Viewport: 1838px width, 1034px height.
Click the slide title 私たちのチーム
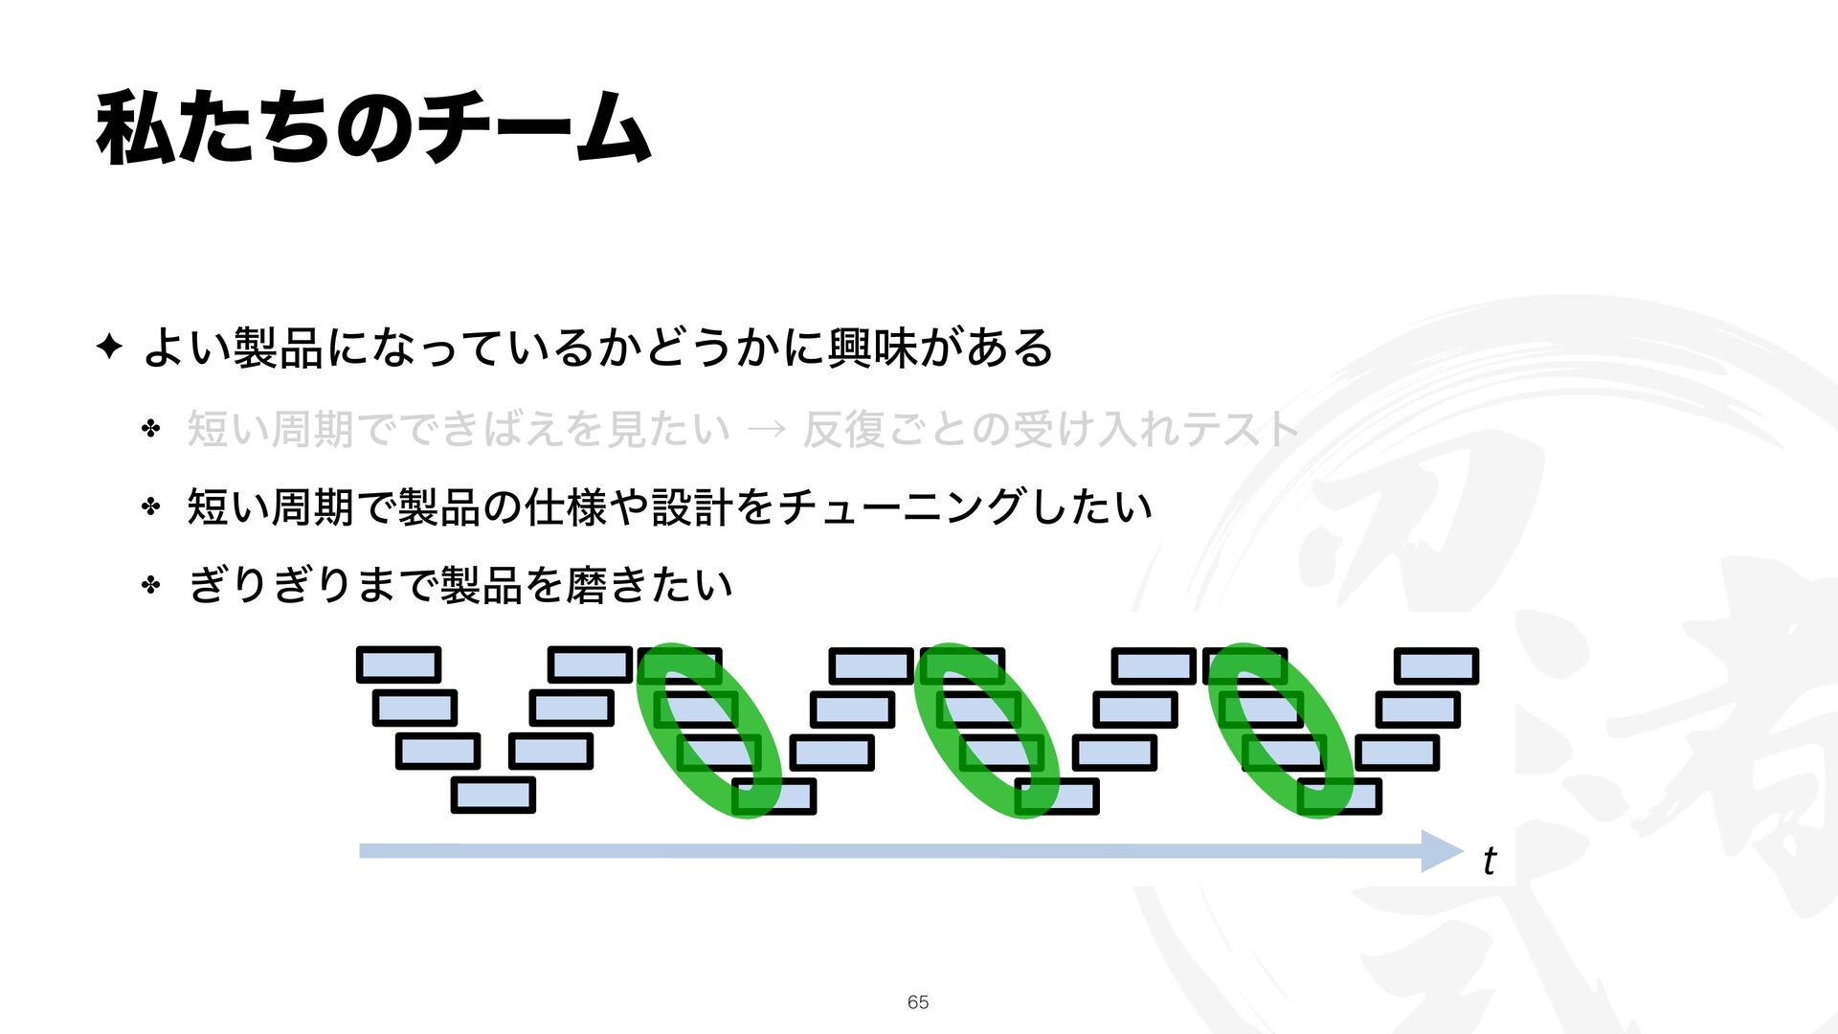click(x=373, y=127)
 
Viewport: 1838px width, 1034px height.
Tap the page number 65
click(x=917, y=1001)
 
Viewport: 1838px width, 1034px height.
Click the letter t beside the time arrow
click(x=1489, y=861)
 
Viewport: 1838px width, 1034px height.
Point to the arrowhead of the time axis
click(x=1444, y=851)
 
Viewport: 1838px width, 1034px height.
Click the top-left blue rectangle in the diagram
click(x=398, y=665)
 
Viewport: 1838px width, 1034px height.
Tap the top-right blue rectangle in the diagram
click(x=1436, y=665)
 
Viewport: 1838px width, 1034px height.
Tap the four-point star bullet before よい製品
click(x=109, y=347)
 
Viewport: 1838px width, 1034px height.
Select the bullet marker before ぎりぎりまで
click(x=150, y=585)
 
